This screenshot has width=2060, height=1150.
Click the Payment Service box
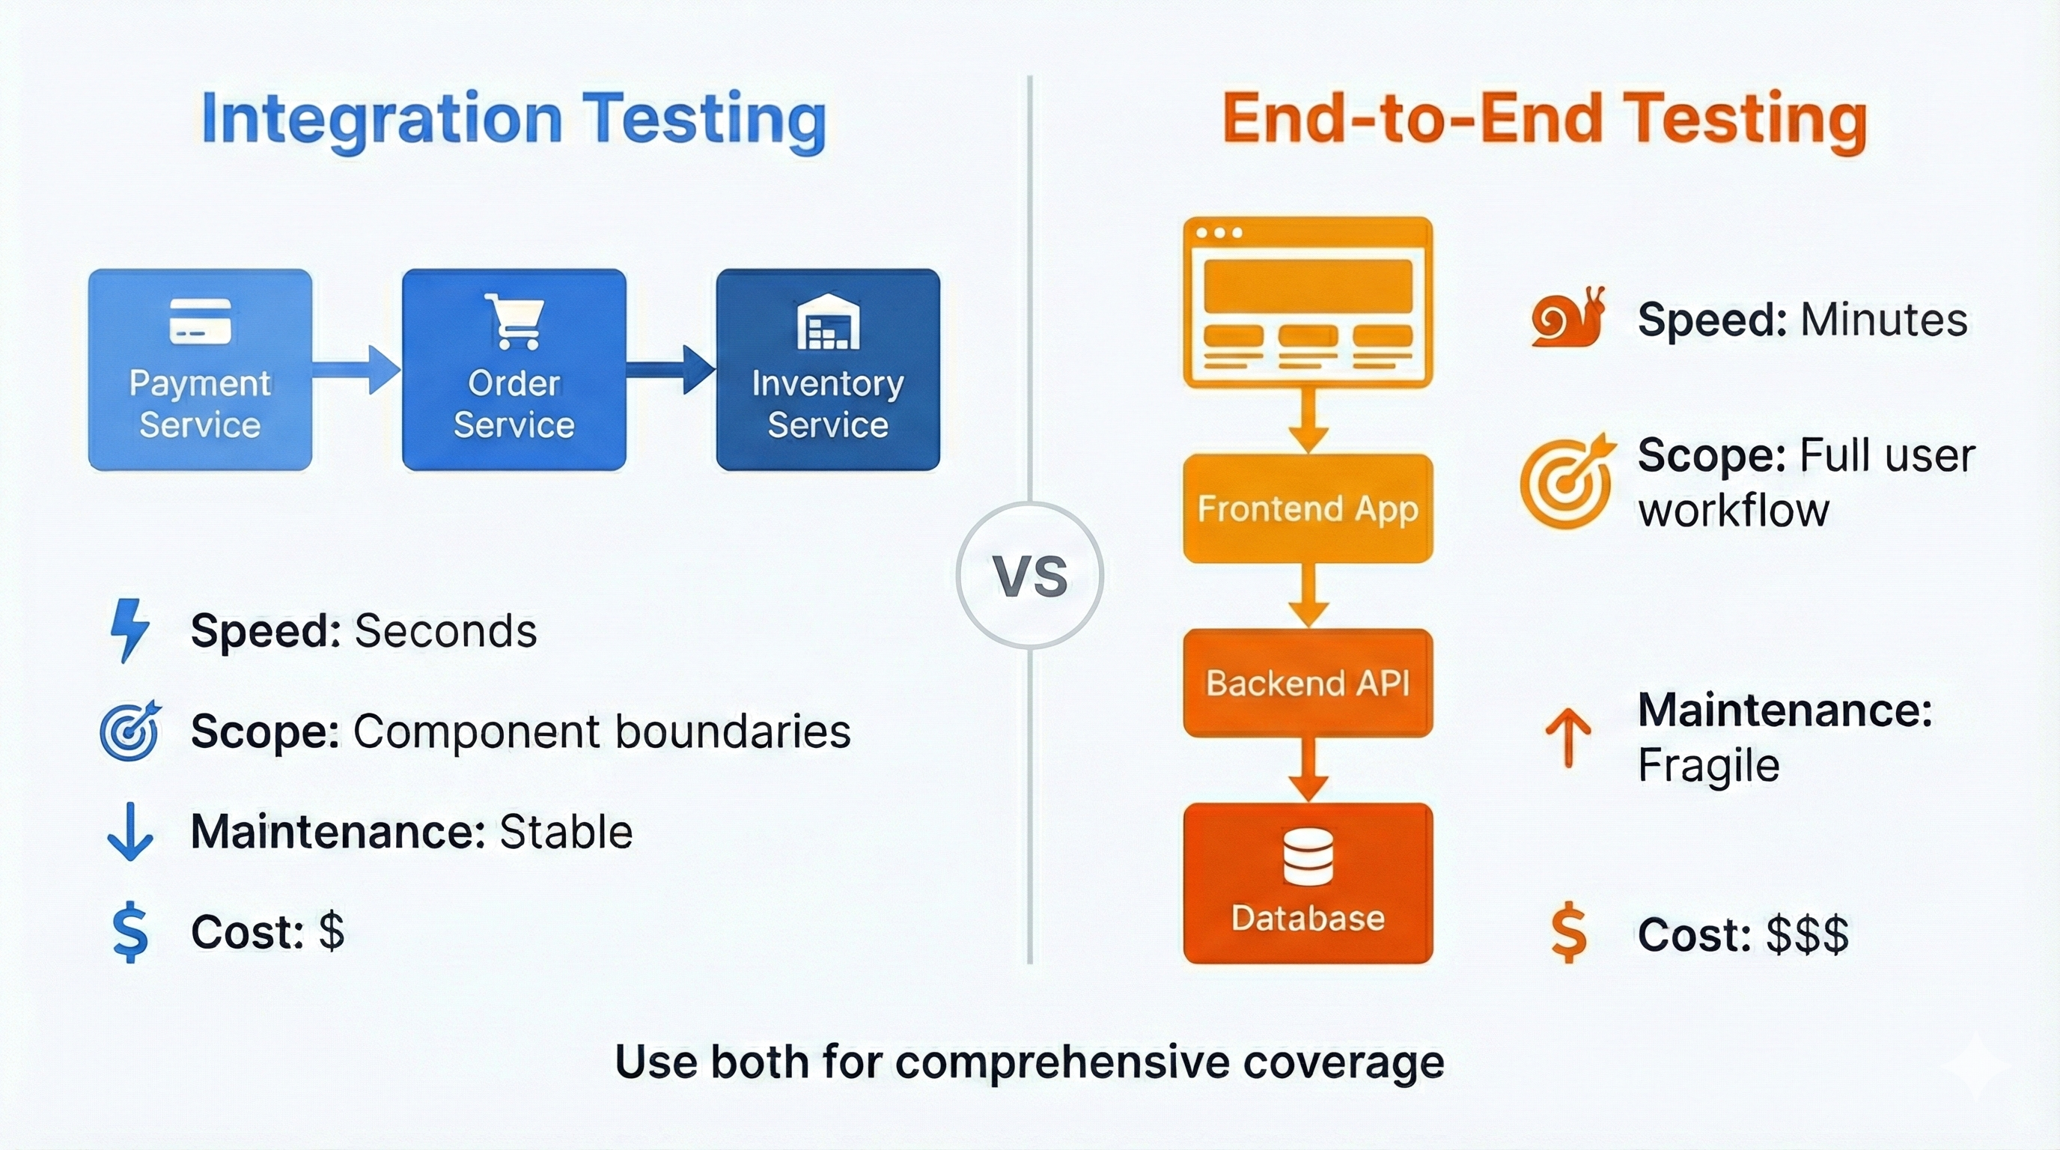(x=200, y=369)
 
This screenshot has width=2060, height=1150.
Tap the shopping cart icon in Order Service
(x=514, y=321)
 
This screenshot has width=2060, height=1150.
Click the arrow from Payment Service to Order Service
(x=356, y=369)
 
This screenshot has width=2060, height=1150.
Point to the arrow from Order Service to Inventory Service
(x=670, y=369)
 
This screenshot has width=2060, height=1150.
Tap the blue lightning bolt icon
(x=129, y=630)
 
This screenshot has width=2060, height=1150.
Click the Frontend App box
(x=1308, y=508)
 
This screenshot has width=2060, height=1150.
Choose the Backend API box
(x=1308, y=683)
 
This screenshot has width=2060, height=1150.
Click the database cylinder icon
(x=1308, y=857)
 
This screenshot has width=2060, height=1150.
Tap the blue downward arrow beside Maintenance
(x=129, y=832)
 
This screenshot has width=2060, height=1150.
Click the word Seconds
(x=445, y=631)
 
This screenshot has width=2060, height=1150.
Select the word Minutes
(x=1883, y=320)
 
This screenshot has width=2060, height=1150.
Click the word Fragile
(x=1708, y=765)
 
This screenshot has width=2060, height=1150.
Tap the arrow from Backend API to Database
(x=1308, y=770)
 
